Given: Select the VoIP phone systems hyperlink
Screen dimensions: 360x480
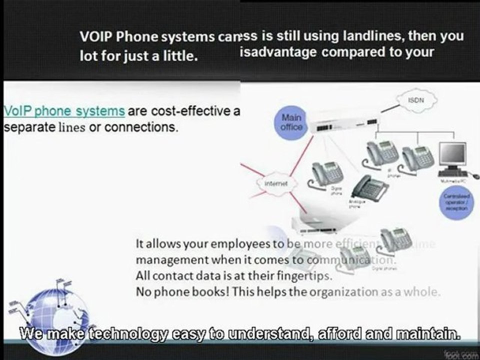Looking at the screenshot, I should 64,110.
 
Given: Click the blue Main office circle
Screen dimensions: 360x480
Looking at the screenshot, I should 291,122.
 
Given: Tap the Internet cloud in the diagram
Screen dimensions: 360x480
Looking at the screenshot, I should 275,183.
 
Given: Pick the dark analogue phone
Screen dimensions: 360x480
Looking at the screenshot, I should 370,188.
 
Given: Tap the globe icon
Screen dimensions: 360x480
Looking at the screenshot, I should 56,315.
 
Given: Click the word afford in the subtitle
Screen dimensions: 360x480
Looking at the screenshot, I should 334,333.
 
